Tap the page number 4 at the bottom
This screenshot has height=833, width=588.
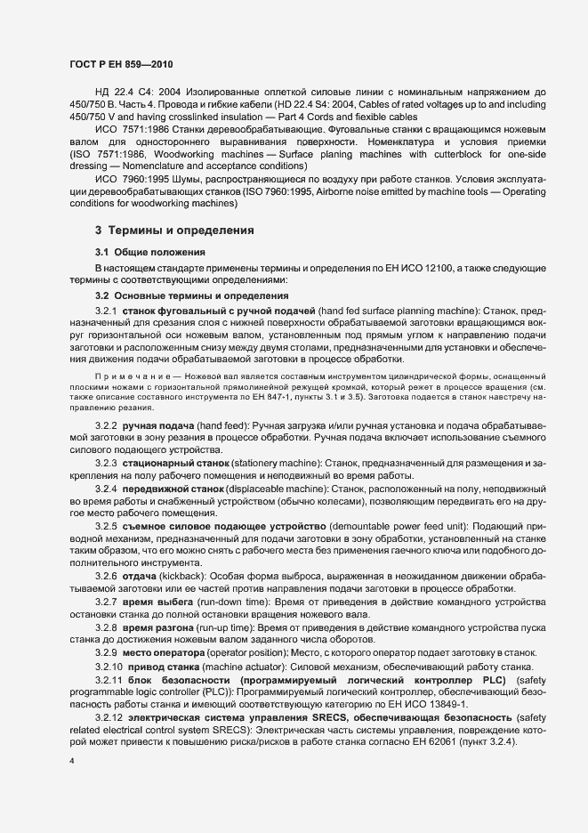pos(72,762)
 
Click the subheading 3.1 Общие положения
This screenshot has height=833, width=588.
pos(150,253)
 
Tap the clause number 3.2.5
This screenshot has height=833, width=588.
pos(107,526)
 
